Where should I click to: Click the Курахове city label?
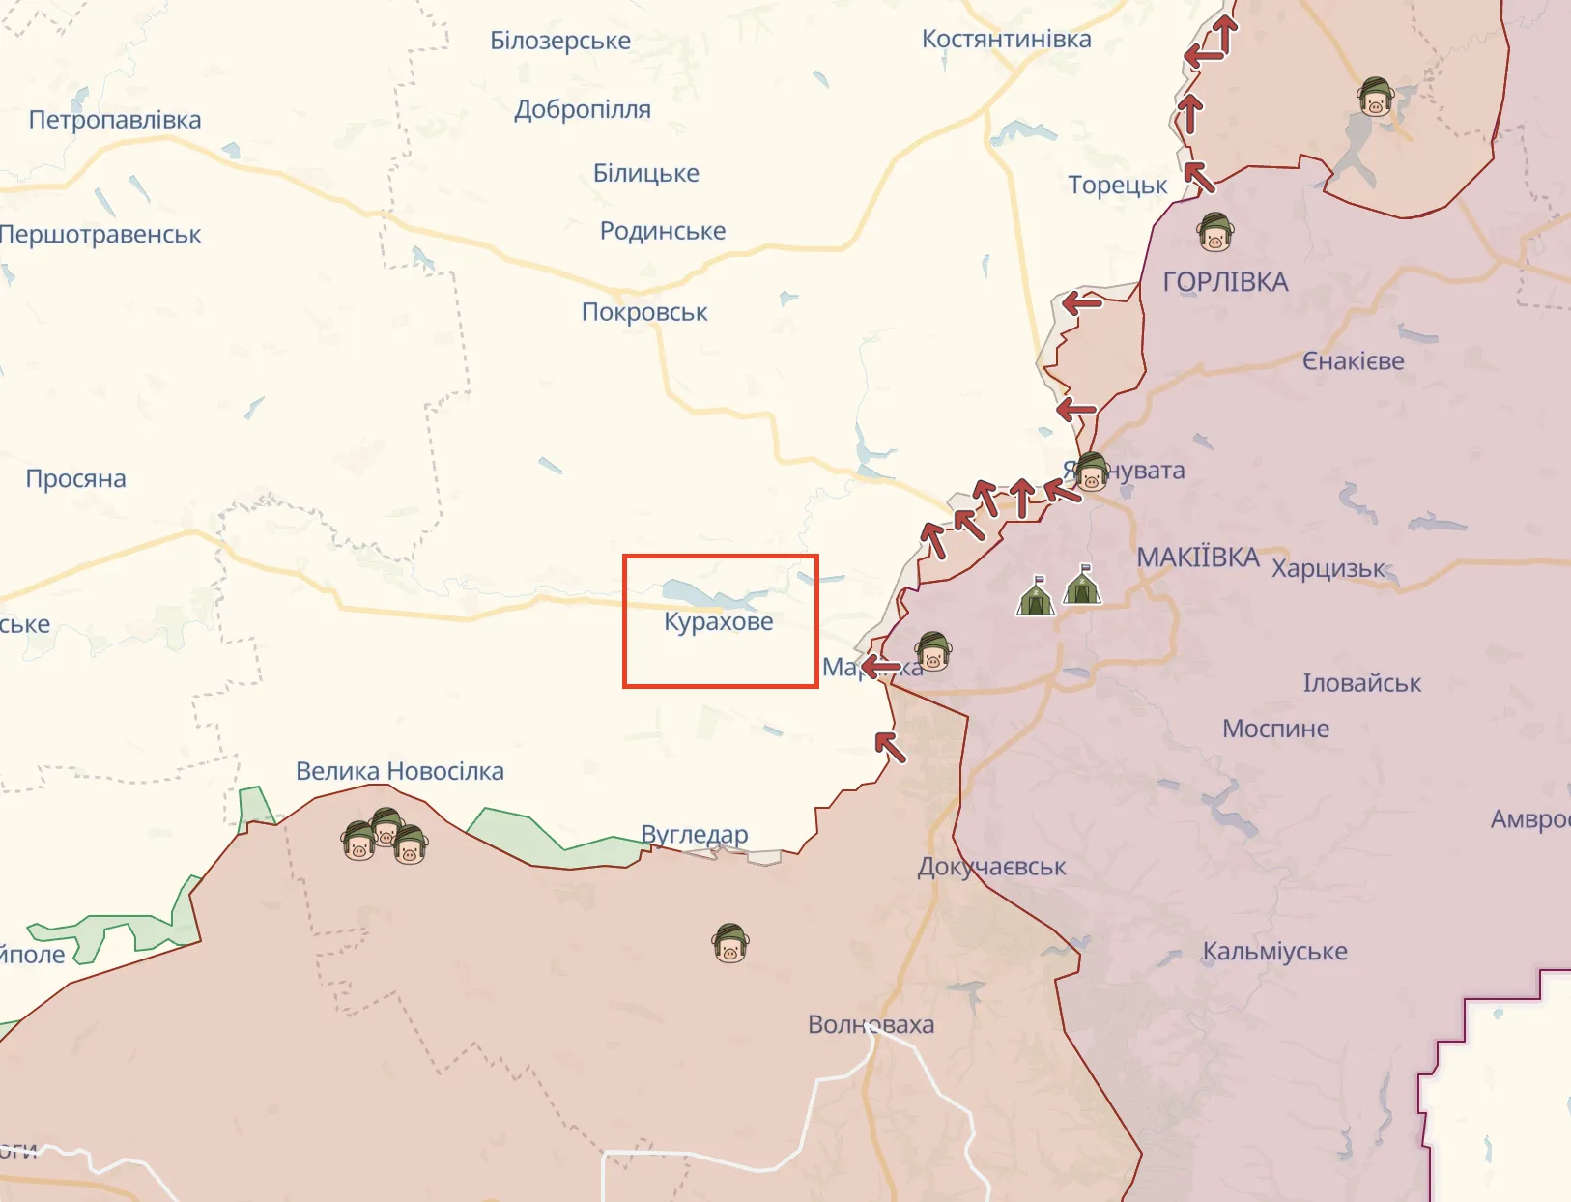(718, 621)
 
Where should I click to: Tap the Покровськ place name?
(644, 312)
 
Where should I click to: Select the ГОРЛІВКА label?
(1225, 282)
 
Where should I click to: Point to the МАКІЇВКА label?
(1198, 558)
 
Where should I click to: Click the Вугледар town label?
(695, 834)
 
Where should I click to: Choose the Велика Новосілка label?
(399, 771)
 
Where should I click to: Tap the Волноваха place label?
(871, 1024)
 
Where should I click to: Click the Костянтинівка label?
(1006, 40)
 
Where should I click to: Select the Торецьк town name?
(1117, 185)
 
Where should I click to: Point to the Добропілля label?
(583, 109)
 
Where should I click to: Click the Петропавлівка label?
(115, 120)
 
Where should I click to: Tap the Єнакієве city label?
(1353, 361)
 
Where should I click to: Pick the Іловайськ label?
(1361, 683)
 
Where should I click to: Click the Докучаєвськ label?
(991, 867)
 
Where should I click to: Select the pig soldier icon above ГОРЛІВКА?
(1214, 232)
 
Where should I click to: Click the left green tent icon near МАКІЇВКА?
(1036, 596)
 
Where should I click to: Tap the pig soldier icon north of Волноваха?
(730, 943)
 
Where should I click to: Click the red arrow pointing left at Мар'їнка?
(880, 667)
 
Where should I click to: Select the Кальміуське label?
(1273, 952)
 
